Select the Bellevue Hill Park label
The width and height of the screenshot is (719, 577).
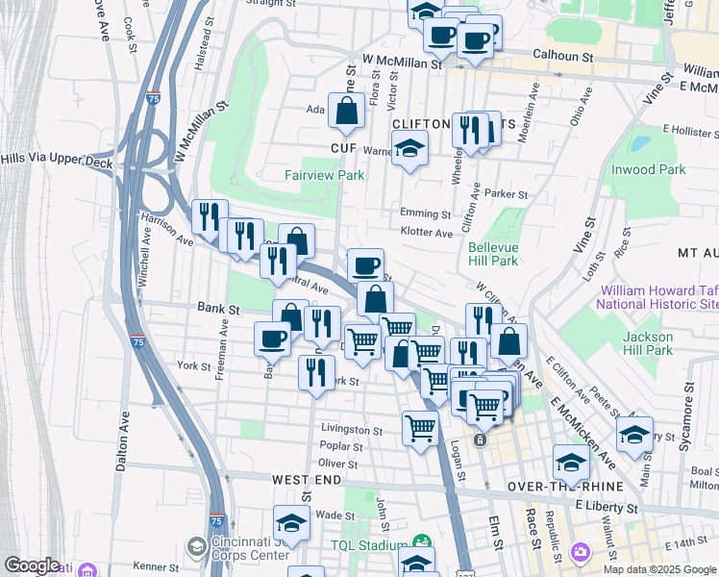click(493, 254)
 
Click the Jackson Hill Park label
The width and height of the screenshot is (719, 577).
click(648, 343)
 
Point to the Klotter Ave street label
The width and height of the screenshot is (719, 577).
click(426, 233)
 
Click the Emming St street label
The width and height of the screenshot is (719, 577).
click(426, 213)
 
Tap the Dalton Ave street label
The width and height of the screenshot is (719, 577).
click(122, 442)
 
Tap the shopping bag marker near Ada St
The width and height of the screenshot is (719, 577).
click(346, 113)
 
